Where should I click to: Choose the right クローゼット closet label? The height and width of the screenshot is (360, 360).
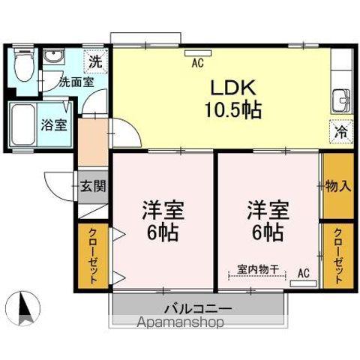[338, 256]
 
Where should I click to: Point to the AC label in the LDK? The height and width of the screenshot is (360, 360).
[198, 64]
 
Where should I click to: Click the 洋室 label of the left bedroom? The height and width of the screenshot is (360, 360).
[163, 208]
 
